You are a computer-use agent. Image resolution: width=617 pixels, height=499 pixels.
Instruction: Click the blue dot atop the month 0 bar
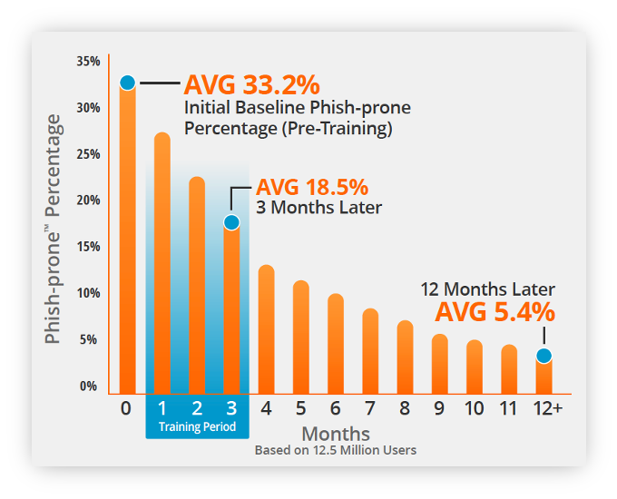click(128, 83)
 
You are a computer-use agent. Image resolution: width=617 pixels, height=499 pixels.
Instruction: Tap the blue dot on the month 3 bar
click(231, 222)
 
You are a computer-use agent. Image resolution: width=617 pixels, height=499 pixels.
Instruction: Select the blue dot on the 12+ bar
click(544, 356)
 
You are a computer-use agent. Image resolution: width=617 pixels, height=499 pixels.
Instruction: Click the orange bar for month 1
click(162, 263)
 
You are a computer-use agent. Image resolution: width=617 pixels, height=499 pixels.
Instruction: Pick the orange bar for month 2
click(197, 285)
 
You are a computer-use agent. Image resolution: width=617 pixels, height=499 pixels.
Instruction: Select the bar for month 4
click(267, 329)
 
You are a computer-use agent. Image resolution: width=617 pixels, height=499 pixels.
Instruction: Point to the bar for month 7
click(370, 351)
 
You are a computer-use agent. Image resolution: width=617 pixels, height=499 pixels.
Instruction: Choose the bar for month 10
click(475, 367)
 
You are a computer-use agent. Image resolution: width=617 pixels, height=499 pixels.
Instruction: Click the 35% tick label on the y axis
click(89, 62)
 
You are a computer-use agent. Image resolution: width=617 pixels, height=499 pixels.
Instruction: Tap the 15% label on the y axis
click(89, 247)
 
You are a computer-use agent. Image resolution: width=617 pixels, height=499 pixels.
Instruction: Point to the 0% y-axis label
click(89, 386)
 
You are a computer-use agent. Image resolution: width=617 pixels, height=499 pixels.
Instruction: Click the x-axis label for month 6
click(335, 408)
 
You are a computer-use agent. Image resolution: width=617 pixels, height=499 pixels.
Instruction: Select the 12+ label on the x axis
click(548, 408)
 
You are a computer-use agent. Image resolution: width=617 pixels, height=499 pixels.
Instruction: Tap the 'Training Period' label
click(197, 426)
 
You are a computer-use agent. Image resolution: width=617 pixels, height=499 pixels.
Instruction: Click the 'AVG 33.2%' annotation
click(252, 84)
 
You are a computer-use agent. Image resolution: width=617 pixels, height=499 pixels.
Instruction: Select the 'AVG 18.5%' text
click(312, 187)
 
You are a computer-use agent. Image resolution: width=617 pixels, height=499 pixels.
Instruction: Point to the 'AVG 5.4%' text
click(495, 312)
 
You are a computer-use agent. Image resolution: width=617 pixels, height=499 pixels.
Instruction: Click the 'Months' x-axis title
click(336, 434)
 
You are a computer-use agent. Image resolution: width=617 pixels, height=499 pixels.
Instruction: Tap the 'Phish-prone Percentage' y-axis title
click(53, 229)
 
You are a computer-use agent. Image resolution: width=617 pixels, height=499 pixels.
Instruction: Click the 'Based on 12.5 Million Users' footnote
click(336, 450)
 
